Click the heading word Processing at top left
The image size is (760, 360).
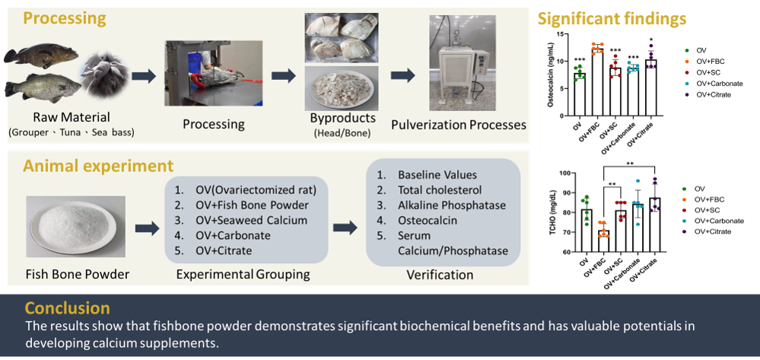tap(65, 18)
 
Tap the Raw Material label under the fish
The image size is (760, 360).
tap(71, 117)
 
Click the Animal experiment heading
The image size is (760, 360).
tap(98, 165)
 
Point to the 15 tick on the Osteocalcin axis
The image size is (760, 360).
tap(560, 35)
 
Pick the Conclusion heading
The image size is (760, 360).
tap(67, 308)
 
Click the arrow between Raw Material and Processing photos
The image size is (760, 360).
tap(142, 76)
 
